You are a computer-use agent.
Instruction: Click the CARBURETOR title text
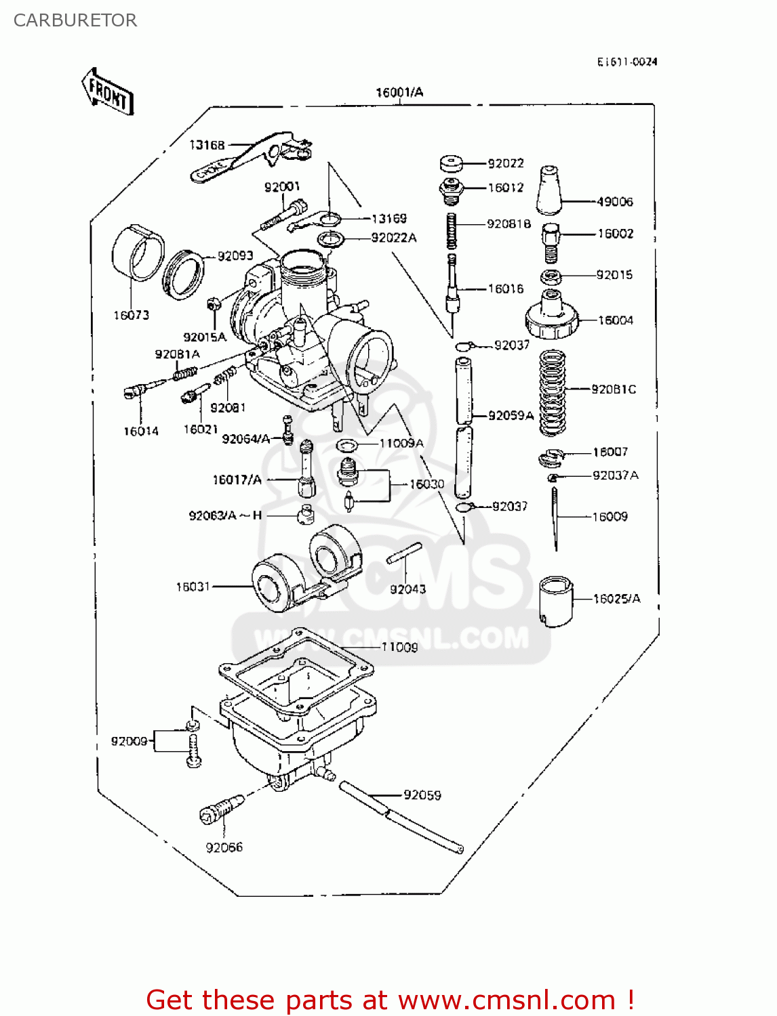[x=75, y=20]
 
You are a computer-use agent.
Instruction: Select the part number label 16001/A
[x=399, y=93]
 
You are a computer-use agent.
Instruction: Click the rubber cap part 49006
[x=549, y=190]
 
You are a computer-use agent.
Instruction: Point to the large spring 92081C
[x=553, y=393]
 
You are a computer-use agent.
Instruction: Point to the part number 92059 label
[x=422, y=795]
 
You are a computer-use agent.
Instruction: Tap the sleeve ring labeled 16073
[x=138, y=253]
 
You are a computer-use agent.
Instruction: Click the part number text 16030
[x=426, y=484]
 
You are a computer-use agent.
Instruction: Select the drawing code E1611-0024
[x=626, y=62]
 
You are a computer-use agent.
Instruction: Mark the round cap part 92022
[x=451, y=163]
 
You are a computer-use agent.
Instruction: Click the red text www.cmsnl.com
[x=506, y=1000]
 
